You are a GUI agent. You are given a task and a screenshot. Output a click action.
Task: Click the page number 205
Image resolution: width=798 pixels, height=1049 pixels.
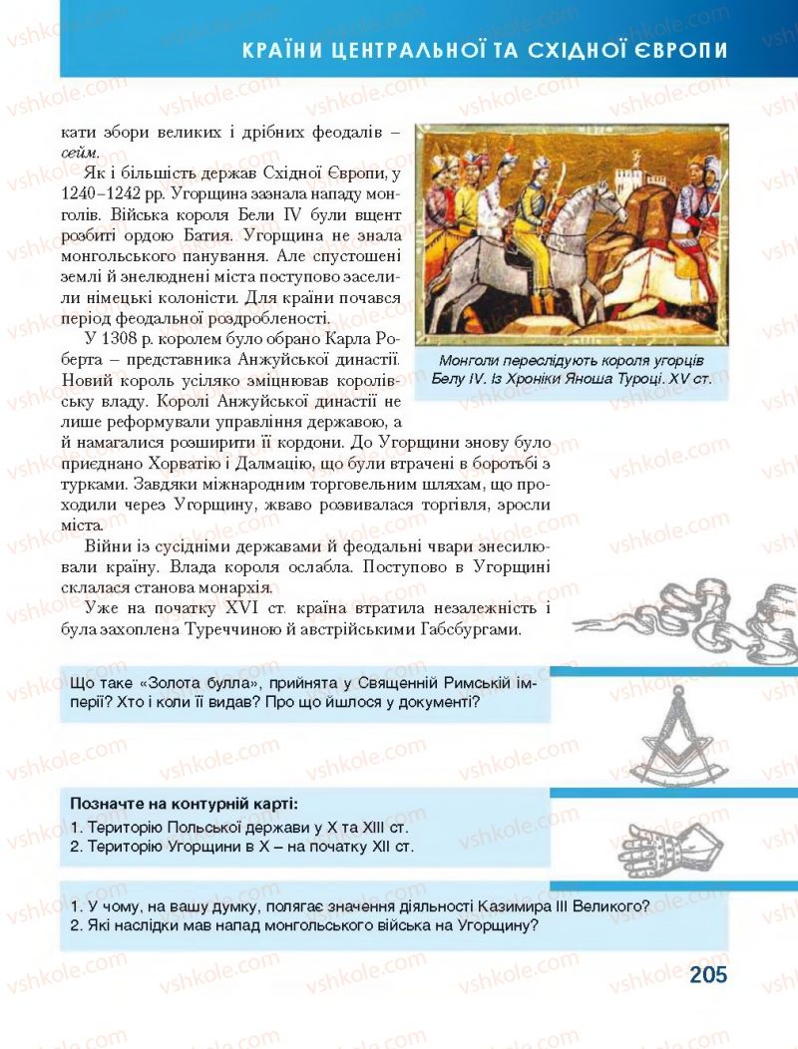pyautogui.click(x=707, y=974)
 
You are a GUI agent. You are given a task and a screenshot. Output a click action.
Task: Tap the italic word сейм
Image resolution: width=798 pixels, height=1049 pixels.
pyautogui.click(x=80, y=152)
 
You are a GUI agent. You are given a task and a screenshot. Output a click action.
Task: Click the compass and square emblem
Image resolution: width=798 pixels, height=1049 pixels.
pyautogui.click(x=683, y=733)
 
